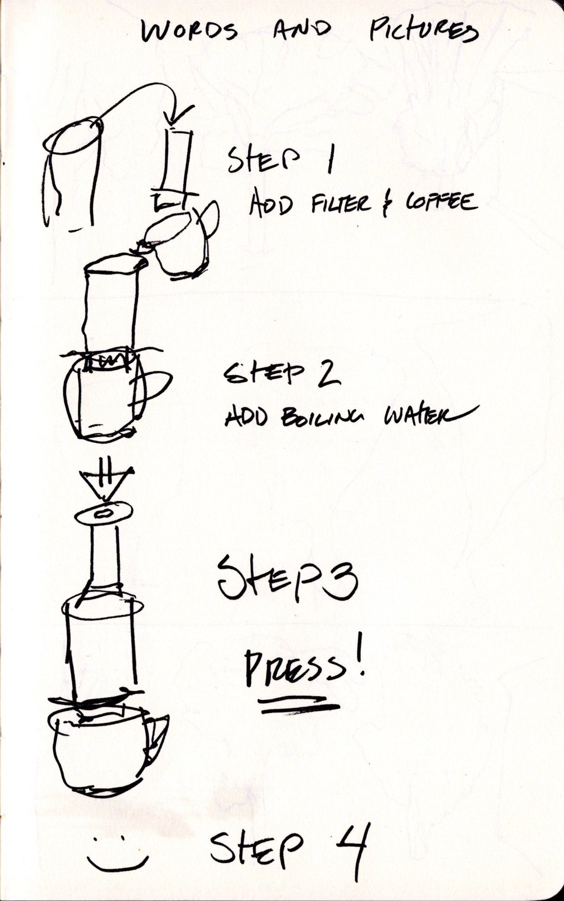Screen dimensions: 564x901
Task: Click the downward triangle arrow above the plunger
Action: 106,483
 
